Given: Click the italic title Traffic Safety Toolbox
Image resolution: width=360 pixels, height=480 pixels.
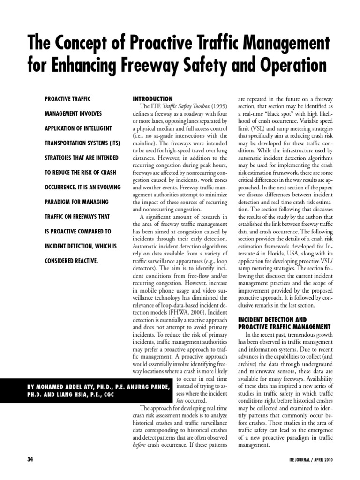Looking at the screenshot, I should tap(178, 107).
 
